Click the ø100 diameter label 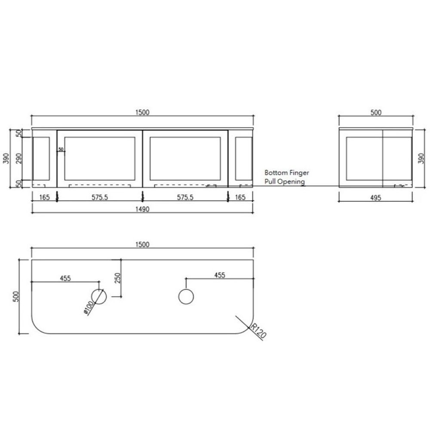[x=90, y=308]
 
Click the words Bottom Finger [x=286, y=173]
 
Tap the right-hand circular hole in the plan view [x=186, y=297]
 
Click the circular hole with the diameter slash [x=99, y=297]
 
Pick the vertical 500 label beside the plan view [x=16, y=297]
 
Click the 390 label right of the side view [x=421, y=158]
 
